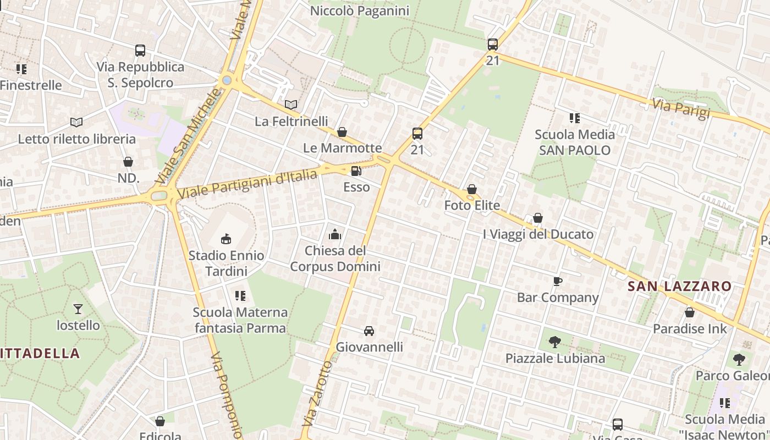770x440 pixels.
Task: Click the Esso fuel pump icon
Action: point(356,172)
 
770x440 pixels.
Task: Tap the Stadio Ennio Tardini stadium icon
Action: point(226,239)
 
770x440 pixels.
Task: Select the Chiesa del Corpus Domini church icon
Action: point(335,235)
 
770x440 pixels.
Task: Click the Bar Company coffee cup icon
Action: point(558,282)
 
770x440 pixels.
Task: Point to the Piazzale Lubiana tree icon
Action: point(555,342)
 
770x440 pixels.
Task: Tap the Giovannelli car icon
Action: point(369,331)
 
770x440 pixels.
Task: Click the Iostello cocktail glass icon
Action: point(78,309)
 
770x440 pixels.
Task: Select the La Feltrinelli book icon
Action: point(291,105)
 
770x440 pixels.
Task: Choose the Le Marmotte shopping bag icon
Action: point(342,132)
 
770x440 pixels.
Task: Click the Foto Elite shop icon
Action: point(472,189)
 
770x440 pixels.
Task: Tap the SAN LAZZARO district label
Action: point(680,286)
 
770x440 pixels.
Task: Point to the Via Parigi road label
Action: point(681,109)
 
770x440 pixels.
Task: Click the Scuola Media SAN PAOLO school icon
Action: point(575,118)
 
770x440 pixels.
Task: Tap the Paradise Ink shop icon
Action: point(690,312)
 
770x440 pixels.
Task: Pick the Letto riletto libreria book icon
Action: point(76,122)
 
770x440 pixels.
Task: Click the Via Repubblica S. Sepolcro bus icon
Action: point(140,51)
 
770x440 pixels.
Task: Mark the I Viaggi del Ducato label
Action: point(538,234)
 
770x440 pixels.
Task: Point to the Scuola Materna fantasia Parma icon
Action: point(240,296)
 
